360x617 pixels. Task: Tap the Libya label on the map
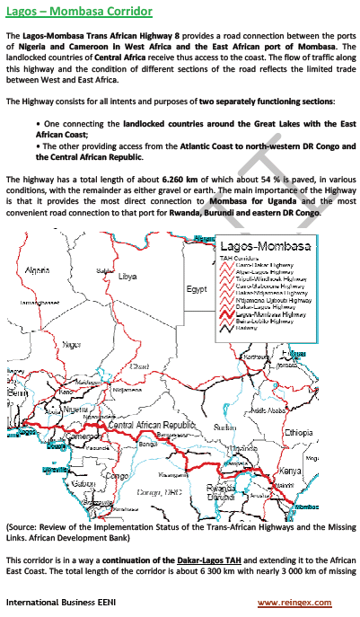pos(127,278)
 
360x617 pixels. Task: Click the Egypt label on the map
pos(197,289)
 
